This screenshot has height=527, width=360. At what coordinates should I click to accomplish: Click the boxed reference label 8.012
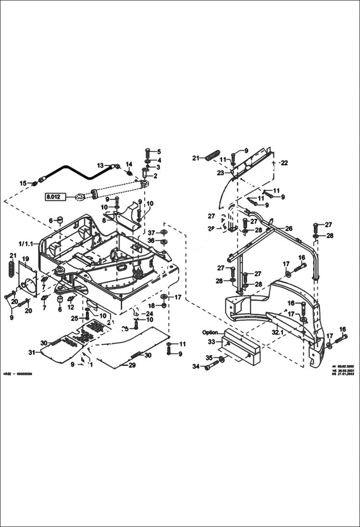(54, 196)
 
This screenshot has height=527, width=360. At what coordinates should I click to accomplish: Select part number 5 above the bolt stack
(159, 152)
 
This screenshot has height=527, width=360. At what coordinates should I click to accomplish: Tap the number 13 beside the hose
(100, 165)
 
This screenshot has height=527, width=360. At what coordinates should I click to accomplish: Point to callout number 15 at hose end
(23, 183)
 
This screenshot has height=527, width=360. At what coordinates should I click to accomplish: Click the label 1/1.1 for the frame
(25, 244)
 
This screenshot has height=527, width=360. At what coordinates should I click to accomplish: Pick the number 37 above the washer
(151, 233)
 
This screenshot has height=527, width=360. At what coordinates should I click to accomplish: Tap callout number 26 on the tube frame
(289, 228)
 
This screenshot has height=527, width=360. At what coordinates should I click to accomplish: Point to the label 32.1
(278, 332)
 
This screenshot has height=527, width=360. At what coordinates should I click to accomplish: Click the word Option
(210, 332)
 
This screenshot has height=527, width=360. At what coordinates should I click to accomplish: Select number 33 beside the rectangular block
(211, 342)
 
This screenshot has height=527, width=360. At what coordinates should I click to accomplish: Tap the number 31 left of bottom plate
(32, 353)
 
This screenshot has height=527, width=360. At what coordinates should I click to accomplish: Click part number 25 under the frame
(74, 318)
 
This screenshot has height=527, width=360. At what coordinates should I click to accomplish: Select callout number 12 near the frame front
(71, 307)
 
